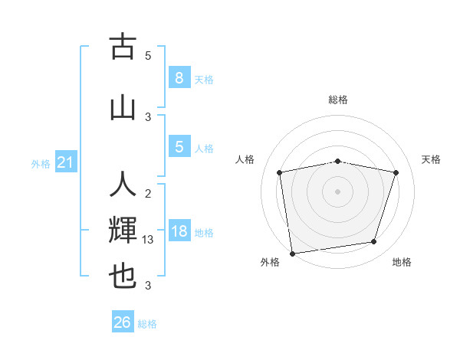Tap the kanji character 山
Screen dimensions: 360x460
point(123,107)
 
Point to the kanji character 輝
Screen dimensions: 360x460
point(123,231)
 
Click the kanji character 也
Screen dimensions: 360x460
point(123,277)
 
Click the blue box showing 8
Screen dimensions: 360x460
point(179,78)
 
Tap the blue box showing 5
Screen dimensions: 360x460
point(179,147)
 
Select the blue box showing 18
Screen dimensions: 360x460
point(179,231)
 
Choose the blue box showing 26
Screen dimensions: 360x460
point(123,322)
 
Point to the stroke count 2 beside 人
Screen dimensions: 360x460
point(148,193)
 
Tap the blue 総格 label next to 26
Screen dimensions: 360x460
point(147,324)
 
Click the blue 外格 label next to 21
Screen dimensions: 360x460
point(41,164)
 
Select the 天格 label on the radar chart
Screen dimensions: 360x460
point(431,159)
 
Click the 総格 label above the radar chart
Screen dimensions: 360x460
point(338,100)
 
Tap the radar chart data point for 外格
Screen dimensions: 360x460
point(292,253)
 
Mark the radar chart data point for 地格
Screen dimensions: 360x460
point(374,242)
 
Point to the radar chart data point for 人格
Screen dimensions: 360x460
point(280,173)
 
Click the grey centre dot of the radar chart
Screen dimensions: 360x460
point(338,191)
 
